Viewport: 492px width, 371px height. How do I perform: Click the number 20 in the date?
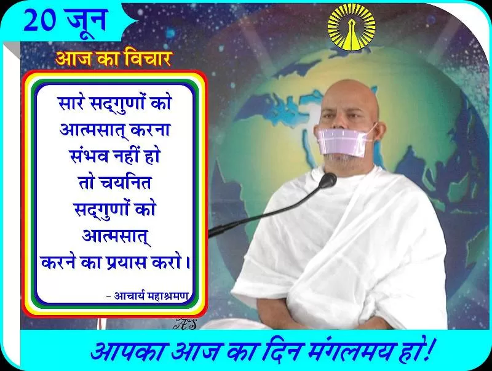tap(40, 20)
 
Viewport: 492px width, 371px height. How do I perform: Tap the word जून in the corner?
tap(85, 20)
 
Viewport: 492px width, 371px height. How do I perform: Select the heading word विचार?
tap(148, 58)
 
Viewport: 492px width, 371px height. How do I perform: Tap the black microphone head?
tap(328, 179)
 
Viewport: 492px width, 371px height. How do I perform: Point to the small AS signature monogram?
tap(185, 324)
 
